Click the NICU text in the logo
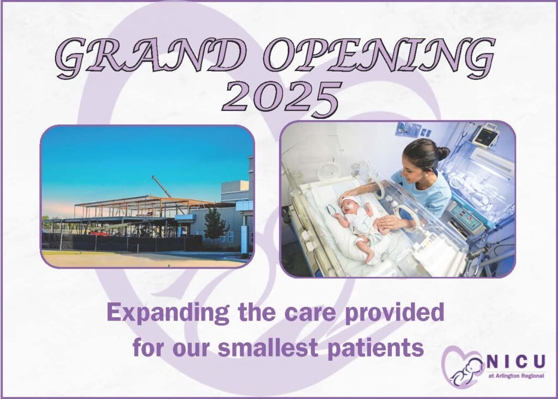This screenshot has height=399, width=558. point(515,361)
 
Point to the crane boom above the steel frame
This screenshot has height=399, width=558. point(162,186)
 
